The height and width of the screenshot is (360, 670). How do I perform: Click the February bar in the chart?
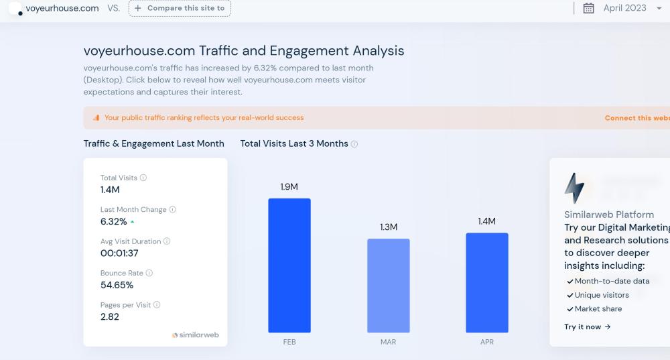(x=289, y=265)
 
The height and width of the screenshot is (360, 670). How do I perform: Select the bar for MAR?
(x=388, y=285)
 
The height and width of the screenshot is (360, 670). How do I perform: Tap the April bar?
(x=487, y=282)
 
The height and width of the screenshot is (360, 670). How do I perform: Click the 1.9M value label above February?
(x=289, y=187)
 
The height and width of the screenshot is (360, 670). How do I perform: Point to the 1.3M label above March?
(x=389, y=227)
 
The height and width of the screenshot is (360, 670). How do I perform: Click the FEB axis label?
(x=289, y=342)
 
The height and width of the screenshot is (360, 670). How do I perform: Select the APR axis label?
(x=487, y=342)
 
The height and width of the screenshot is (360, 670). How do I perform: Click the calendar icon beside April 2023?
(x=589, y=8)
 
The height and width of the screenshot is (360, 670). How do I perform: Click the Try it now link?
(x=588, y=327)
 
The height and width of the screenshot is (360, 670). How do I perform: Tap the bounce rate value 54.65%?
(x=117, y=285)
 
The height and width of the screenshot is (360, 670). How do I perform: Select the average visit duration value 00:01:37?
(x=119, y=253)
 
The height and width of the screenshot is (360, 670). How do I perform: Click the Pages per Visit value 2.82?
(x=110, y=316)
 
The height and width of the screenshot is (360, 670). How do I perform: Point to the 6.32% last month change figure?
(x=113, y=221)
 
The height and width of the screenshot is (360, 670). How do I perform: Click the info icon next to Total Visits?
(x=143, y=178)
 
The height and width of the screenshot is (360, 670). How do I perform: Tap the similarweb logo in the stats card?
(x=196, y=335)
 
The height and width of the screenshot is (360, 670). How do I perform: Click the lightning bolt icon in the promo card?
(x=574, y=188)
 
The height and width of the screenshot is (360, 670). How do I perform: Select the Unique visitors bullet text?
(x=602, y=295)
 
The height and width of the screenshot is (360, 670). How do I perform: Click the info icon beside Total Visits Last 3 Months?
(x=354, y=144)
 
